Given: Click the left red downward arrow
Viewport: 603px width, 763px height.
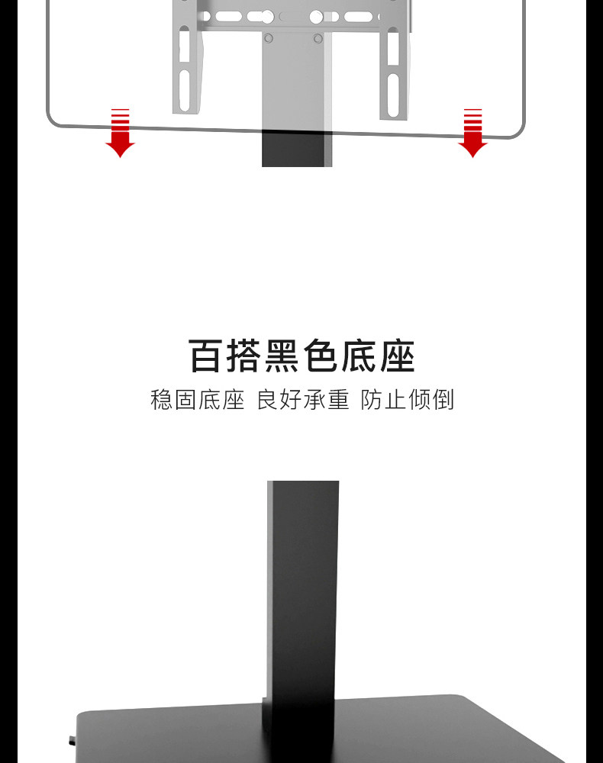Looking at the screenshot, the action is click(120, 134).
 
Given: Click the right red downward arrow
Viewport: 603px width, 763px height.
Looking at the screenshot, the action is click(472, 134).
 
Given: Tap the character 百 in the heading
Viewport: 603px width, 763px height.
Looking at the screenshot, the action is click(208, 357).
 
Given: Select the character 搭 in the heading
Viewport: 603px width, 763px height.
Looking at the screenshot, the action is click(246, 357).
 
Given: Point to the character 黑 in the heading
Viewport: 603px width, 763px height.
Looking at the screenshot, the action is click(283, 357).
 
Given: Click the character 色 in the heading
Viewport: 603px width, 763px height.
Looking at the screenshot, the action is click(321, 357).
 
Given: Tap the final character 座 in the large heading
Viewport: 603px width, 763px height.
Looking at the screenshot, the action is click(396, 357).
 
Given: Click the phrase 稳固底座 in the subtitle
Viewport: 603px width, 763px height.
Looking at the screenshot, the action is click(197, 400).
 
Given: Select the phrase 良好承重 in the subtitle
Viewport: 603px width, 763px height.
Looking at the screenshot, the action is click(302, 400).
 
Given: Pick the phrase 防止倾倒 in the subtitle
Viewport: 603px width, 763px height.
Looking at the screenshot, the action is click(407, 400).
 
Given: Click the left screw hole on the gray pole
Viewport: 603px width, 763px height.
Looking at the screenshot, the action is click(268, 37).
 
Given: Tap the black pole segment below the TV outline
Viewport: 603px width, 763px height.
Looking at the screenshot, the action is click(298, 150).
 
